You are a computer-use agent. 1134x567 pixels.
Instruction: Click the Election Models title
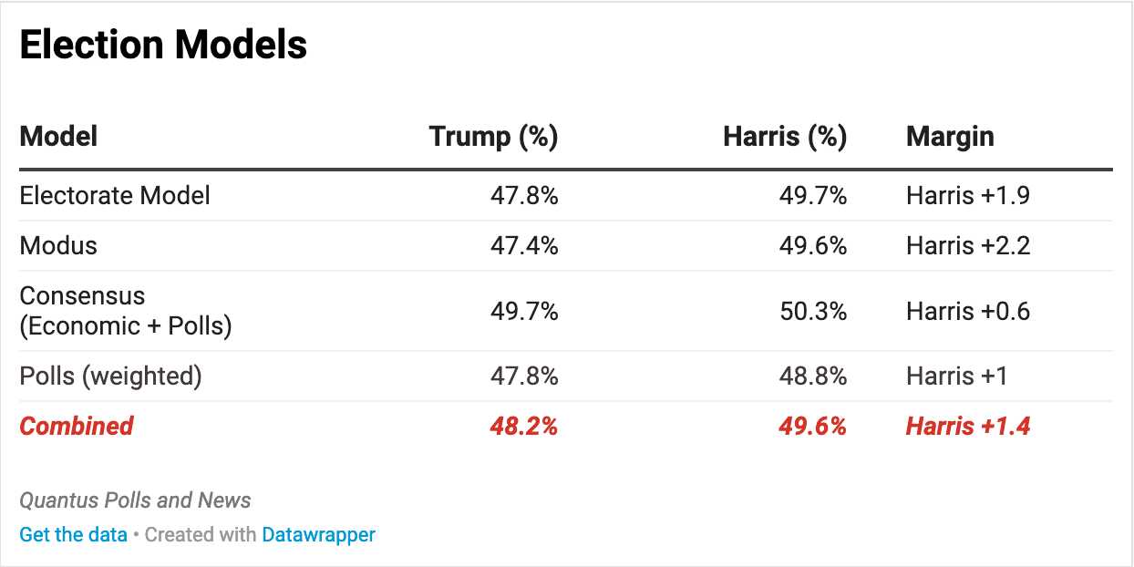coord(163,45)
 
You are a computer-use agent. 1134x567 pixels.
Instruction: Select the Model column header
coord(58,137)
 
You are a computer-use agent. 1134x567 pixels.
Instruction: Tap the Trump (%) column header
coord(493,137)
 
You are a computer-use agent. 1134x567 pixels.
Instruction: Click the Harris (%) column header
coord(785,137)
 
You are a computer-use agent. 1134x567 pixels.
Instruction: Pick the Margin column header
coord(950,137)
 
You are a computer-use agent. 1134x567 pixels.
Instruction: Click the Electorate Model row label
coord(115,195)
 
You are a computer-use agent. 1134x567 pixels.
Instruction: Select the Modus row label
coord(58,245)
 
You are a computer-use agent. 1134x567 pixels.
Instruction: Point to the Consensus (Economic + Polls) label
coord(125,311)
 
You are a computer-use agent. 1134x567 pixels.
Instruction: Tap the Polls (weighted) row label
coord(110,376)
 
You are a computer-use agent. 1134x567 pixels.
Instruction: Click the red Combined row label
coord(77,426)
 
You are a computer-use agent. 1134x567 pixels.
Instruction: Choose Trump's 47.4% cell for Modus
coord(524,245)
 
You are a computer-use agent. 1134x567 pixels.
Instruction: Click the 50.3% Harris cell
coord(812,311)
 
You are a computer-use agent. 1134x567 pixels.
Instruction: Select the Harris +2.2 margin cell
coord(968,245)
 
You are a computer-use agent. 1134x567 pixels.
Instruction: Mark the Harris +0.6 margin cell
coord(968,311)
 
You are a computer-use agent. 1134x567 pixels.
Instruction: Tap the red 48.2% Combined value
coord(524,426)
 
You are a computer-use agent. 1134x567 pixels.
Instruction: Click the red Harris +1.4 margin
coord(968,426)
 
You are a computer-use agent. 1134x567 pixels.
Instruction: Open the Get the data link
coord(73,534)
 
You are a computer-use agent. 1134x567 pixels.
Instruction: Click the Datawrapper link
coord(318,534)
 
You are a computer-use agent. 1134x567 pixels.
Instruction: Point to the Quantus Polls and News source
coord(135,500)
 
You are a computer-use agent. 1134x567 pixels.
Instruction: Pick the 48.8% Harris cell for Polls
coord(812,376)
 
